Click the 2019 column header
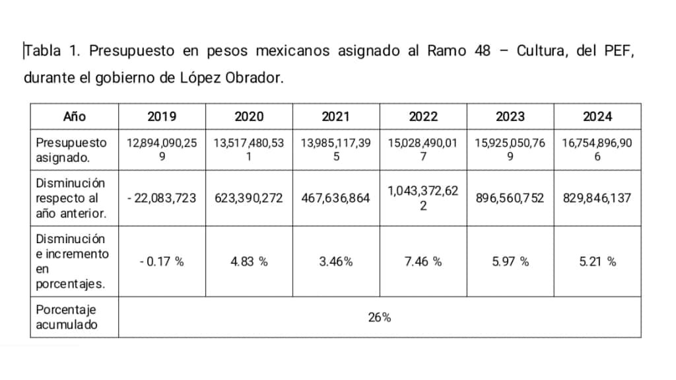point(162,116)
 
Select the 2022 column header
point(423,116)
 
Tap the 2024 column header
point(597,116)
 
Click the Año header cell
point(75,116)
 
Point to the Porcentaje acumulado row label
point(67,317)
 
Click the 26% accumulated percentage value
point(379,317)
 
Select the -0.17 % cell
point(162,262)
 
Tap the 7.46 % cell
point(423,262)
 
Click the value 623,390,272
point(249,198)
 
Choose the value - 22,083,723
point(162,198)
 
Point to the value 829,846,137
point(597,198)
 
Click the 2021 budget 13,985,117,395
point(336,149)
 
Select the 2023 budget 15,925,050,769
point(510,149)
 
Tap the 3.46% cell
point(336,262)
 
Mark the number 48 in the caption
point(482,51)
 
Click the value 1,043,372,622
point(423,198)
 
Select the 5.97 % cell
point(510,262)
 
